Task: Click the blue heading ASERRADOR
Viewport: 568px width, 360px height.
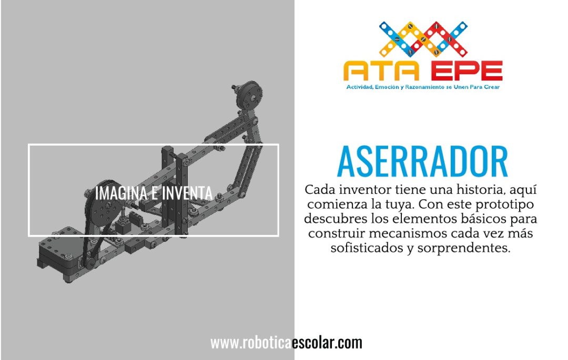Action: tap(422, 161)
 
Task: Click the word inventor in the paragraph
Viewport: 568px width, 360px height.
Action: tap(366, 189)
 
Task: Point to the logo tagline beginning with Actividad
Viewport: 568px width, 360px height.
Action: tap(423, 87)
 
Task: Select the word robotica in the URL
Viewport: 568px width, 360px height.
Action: tap(267, 343)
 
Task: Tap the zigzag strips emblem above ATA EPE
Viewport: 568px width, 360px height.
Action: tap(423, 39)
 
